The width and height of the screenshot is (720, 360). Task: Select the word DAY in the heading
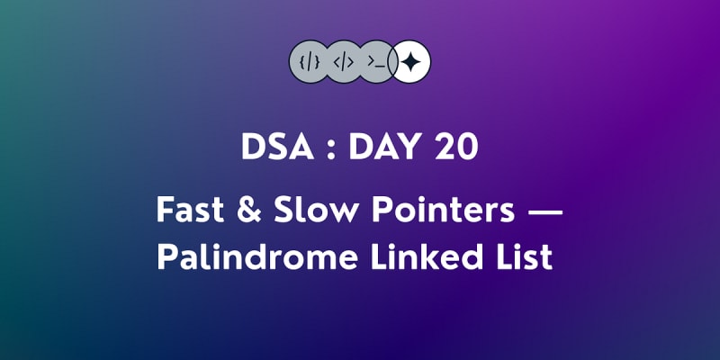(x=382, y=148)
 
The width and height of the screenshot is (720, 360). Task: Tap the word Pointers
(x=443, y=210)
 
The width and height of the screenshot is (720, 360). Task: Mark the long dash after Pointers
(x=545, y=211)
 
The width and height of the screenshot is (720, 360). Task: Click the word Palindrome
(x=257, y=257)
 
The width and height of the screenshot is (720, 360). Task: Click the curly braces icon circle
(x=310, y=61)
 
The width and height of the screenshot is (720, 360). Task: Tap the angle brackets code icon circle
(x=344, y=61)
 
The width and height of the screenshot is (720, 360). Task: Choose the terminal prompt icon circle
(x=377, y=61)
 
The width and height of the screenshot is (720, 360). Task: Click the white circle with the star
(x=410, y=61)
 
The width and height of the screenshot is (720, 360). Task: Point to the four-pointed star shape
(x=410, y=61)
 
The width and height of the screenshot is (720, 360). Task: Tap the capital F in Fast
(x=165, y=211)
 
